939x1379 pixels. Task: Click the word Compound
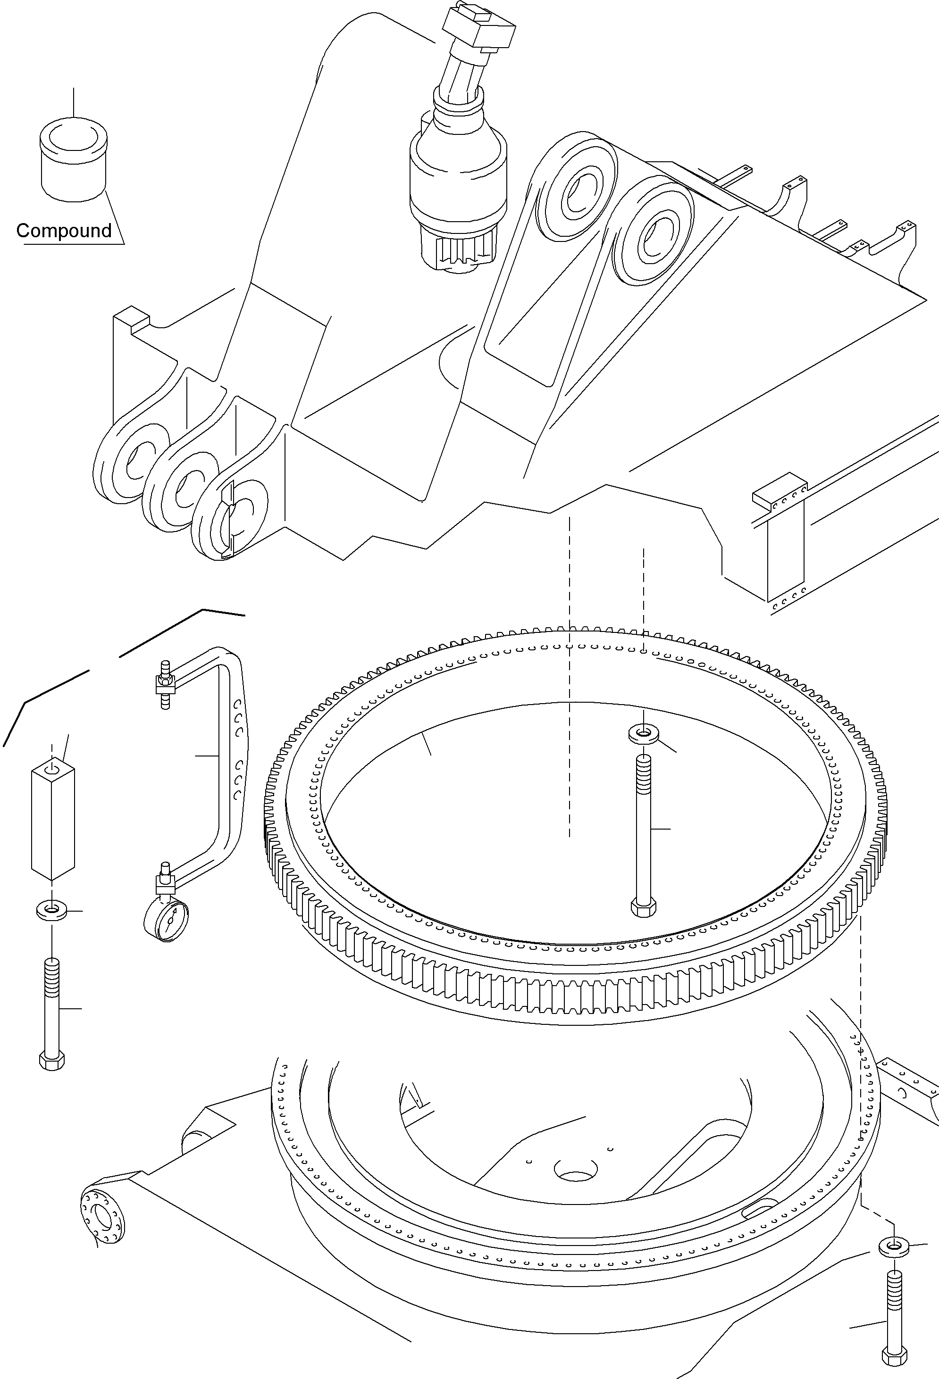coord(64,230)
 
